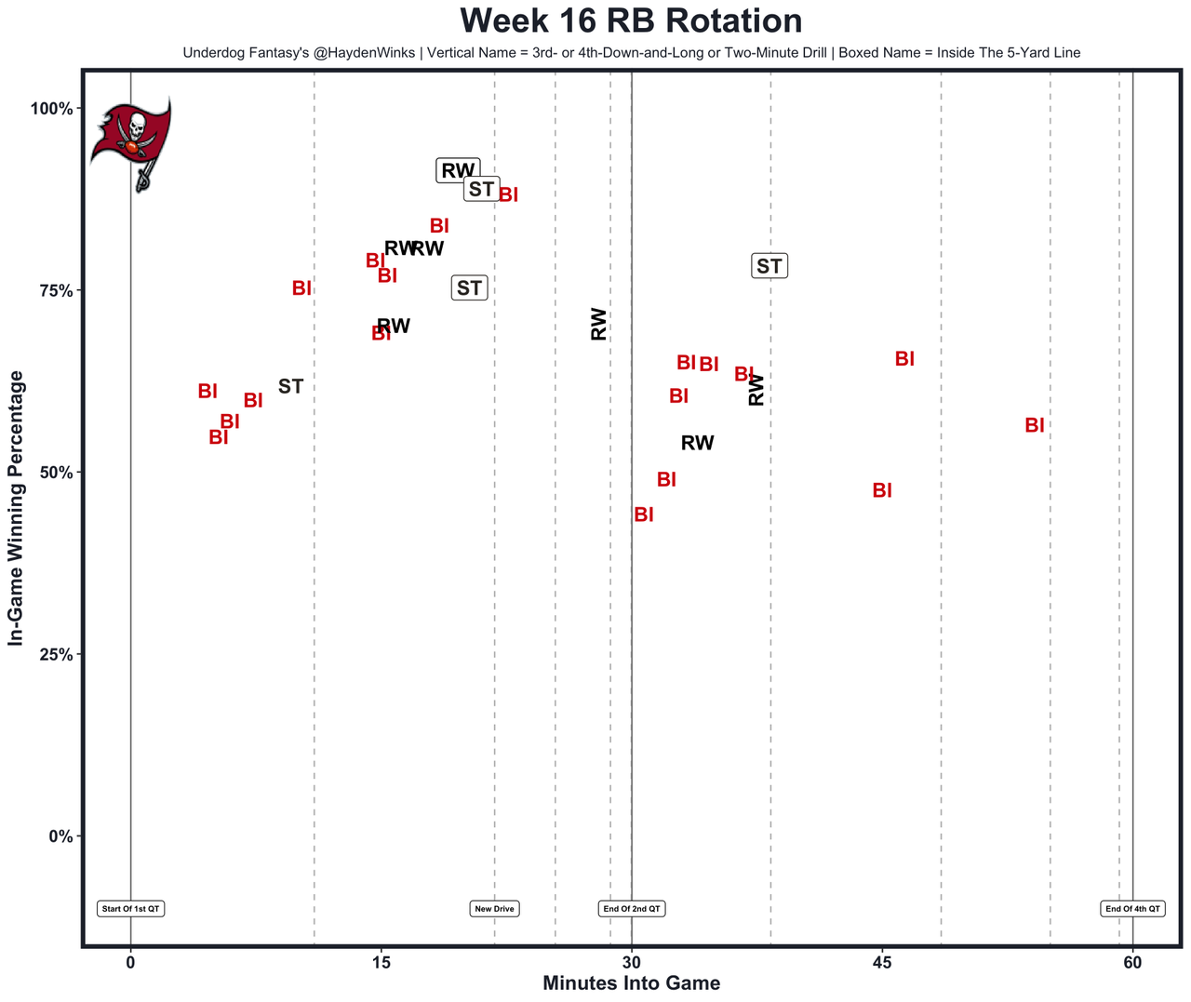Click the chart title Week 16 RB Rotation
(x=631, y=21)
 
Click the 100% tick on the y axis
(x=51, y=109)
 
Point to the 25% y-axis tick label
(x=55, y=654)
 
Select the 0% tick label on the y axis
(x=60, y=836)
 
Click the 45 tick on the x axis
(x=882, y=962)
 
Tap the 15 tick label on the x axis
(x=381, y=962)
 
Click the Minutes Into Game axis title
(x=631, y=983)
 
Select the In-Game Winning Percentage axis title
(x=16, y=508)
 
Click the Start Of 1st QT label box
(x=131, y=909)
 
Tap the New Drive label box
(x=494, y=909)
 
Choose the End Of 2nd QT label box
(x=632, y=909)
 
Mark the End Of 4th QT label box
(x=1132, y=909)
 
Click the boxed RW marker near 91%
(x=458, y=170)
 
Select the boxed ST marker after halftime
(x=769, y=266)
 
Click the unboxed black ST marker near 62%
(x=290, y=386)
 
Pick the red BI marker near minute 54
(x=1035, y=425)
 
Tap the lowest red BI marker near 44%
(x=644, y=514)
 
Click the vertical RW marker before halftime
(x=599, y=324)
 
